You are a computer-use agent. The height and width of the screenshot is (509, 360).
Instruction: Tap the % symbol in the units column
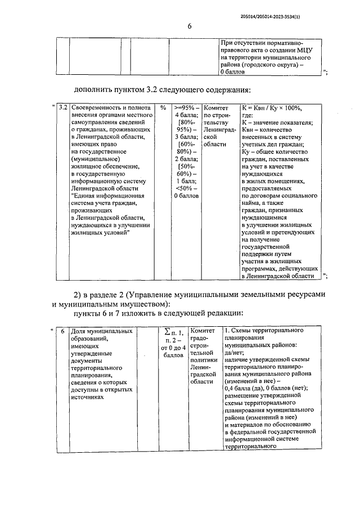(163, 107)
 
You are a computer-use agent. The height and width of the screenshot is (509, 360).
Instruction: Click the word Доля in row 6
(79, 331)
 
